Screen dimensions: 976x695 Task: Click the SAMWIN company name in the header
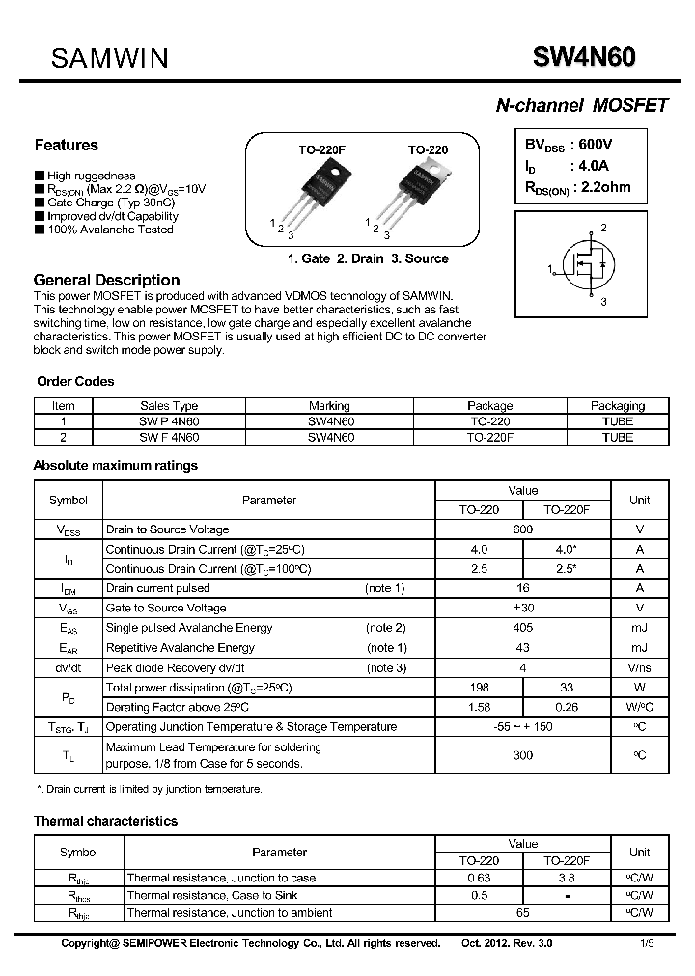pos(109,58)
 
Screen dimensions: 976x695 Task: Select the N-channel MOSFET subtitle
pos(581,106)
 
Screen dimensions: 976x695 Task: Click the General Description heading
pos(106,280)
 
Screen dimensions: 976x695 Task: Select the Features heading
pos(66,146)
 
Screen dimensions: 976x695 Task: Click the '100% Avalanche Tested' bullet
pos(110,230)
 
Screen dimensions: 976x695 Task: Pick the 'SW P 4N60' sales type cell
pos(169,421)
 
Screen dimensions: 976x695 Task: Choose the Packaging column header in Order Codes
pos(617,406)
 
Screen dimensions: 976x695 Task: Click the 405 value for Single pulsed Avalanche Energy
pos(522,628)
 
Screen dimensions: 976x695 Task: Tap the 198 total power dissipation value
pos(479,688)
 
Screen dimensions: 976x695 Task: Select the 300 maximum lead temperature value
pos(522,755)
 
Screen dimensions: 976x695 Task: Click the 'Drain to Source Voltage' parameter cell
pos(168,529)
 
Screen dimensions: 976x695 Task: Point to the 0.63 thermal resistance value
pos(479,878)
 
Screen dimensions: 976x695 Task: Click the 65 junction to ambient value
pos(522,912)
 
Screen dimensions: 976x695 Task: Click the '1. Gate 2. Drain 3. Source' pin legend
pos(368,258)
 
